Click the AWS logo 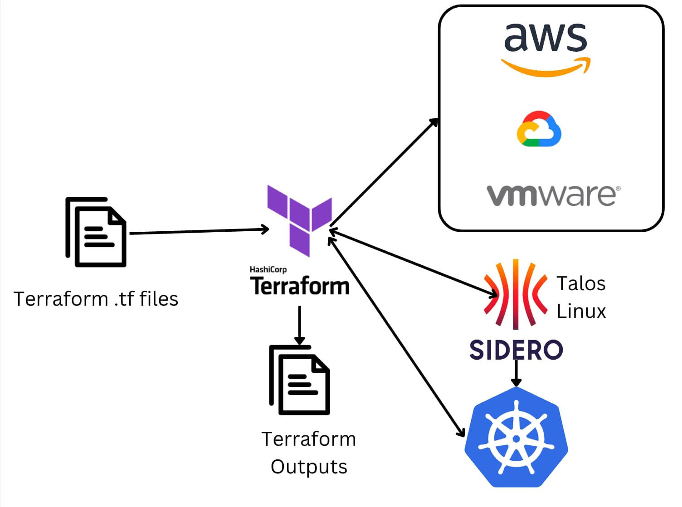(546, 48)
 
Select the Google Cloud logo (539, 129)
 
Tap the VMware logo (553, 195)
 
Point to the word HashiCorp (268, 269)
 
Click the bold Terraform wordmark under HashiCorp (300, 286)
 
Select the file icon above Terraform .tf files (96, 232)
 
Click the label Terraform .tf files (96, 299)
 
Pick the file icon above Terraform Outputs (299, 380)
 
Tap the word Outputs (309, 467)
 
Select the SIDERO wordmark (516, 350)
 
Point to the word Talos (581, 284)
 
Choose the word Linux (581, 312)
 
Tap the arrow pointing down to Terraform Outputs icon (299, 325)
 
